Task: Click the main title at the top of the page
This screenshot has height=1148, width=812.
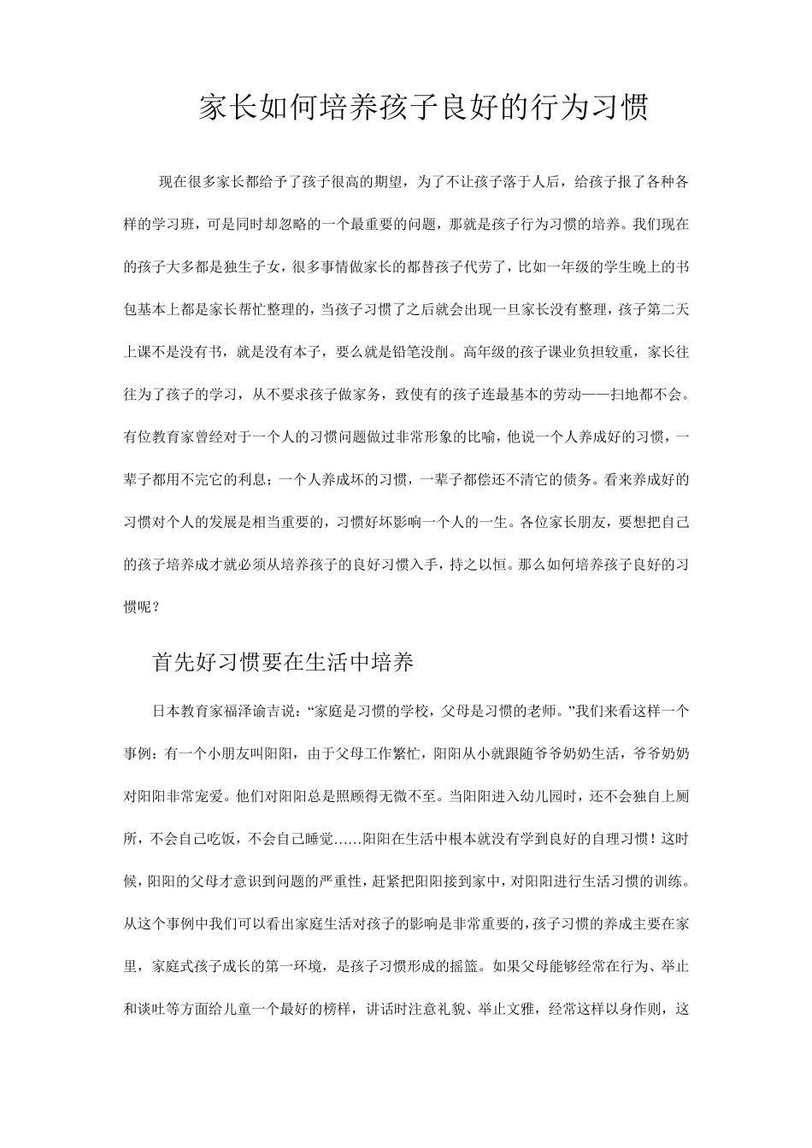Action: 423,108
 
